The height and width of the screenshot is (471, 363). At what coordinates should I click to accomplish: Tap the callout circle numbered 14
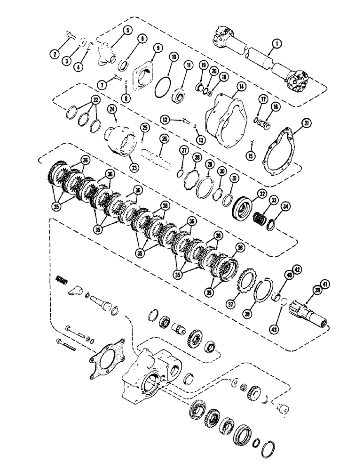coord(241,87)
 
